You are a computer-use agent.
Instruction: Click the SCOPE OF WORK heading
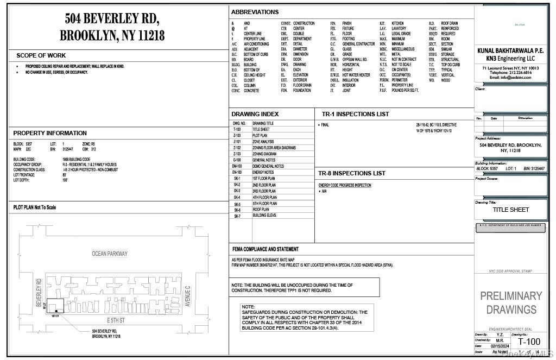click(41, 55)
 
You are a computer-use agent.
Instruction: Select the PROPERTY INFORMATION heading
click(50, 133)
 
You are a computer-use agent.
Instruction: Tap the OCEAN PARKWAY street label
click(110, 254)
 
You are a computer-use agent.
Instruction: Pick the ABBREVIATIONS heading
click(255, 12)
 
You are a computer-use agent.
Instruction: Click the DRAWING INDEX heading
click(255, 114)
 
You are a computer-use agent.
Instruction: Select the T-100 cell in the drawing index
click(237, 130)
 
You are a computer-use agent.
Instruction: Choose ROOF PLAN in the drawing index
click(261, 210)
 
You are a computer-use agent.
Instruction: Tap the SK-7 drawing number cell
click(237, 216)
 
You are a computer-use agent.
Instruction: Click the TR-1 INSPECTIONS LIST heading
click(355, 114)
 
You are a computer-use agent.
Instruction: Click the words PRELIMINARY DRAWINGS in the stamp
click(511, 302)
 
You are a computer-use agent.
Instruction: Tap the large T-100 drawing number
click(529, 342)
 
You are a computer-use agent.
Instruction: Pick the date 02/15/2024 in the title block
click(500, 345)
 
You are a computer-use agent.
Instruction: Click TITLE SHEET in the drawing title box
click(511, 210)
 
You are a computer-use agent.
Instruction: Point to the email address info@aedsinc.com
click(511, 78)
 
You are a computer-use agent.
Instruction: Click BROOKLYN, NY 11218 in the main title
click(112, 36)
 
